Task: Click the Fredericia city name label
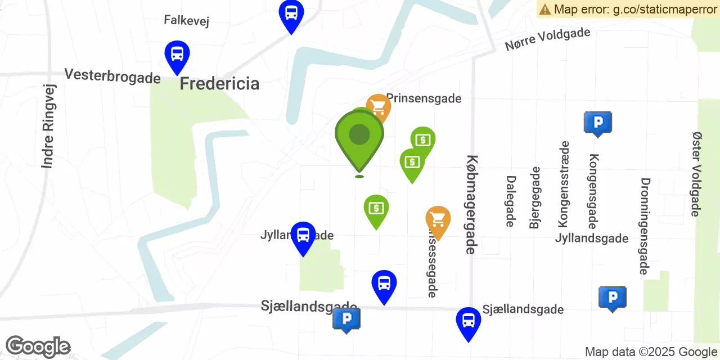tap(219, 84)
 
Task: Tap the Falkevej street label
tap(186, 21)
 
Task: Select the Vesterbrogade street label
tap(112, 76)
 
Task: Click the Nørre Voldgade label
tap(547, 39)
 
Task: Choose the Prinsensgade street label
tap(424, 99)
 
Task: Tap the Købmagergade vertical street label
tap(472, 204)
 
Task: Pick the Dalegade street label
tap(511, 201)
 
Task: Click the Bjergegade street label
tap(535, 197)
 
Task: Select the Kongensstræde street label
tap(564, 184)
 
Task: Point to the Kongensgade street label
tap(592, 191)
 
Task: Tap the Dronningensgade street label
tap(645, 226)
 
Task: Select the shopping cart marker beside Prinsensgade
tap(379, 106)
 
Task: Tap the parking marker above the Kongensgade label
tap(597, 123)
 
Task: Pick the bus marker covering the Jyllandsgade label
tap(303, 236)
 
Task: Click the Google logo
tap(38, 346)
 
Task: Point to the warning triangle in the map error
tap(544, 9)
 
